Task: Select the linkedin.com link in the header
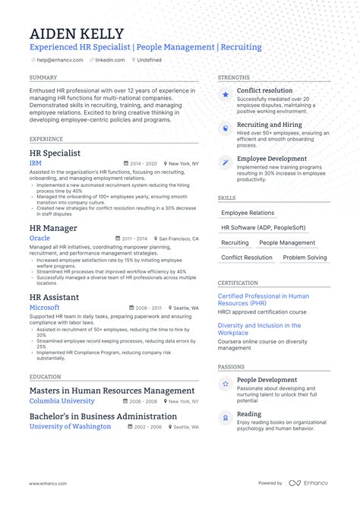tap(110, 58)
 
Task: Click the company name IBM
tap(35, 163)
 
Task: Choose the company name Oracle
tap(39, 238)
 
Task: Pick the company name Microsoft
tap(44, 308)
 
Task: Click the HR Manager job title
tap(53, 228)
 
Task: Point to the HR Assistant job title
tap(55, 297)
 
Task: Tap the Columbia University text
tap(62, 400)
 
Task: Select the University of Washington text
tap(70, 426)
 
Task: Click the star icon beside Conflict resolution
tap(226, 95)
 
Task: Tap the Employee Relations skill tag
tap(248, 213)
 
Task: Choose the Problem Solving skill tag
tap(305, 258)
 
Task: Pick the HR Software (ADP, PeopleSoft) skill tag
tap(264, 228)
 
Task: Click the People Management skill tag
tap(287, 243)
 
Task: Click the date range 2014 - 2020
tap(143, 163)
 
